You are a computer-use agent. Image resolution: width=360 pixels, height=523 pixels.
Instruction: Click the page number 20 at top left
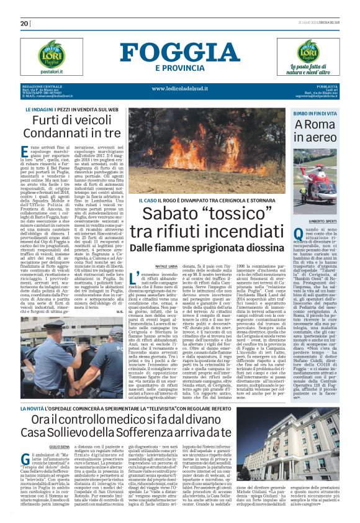[x=25, y=24]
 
